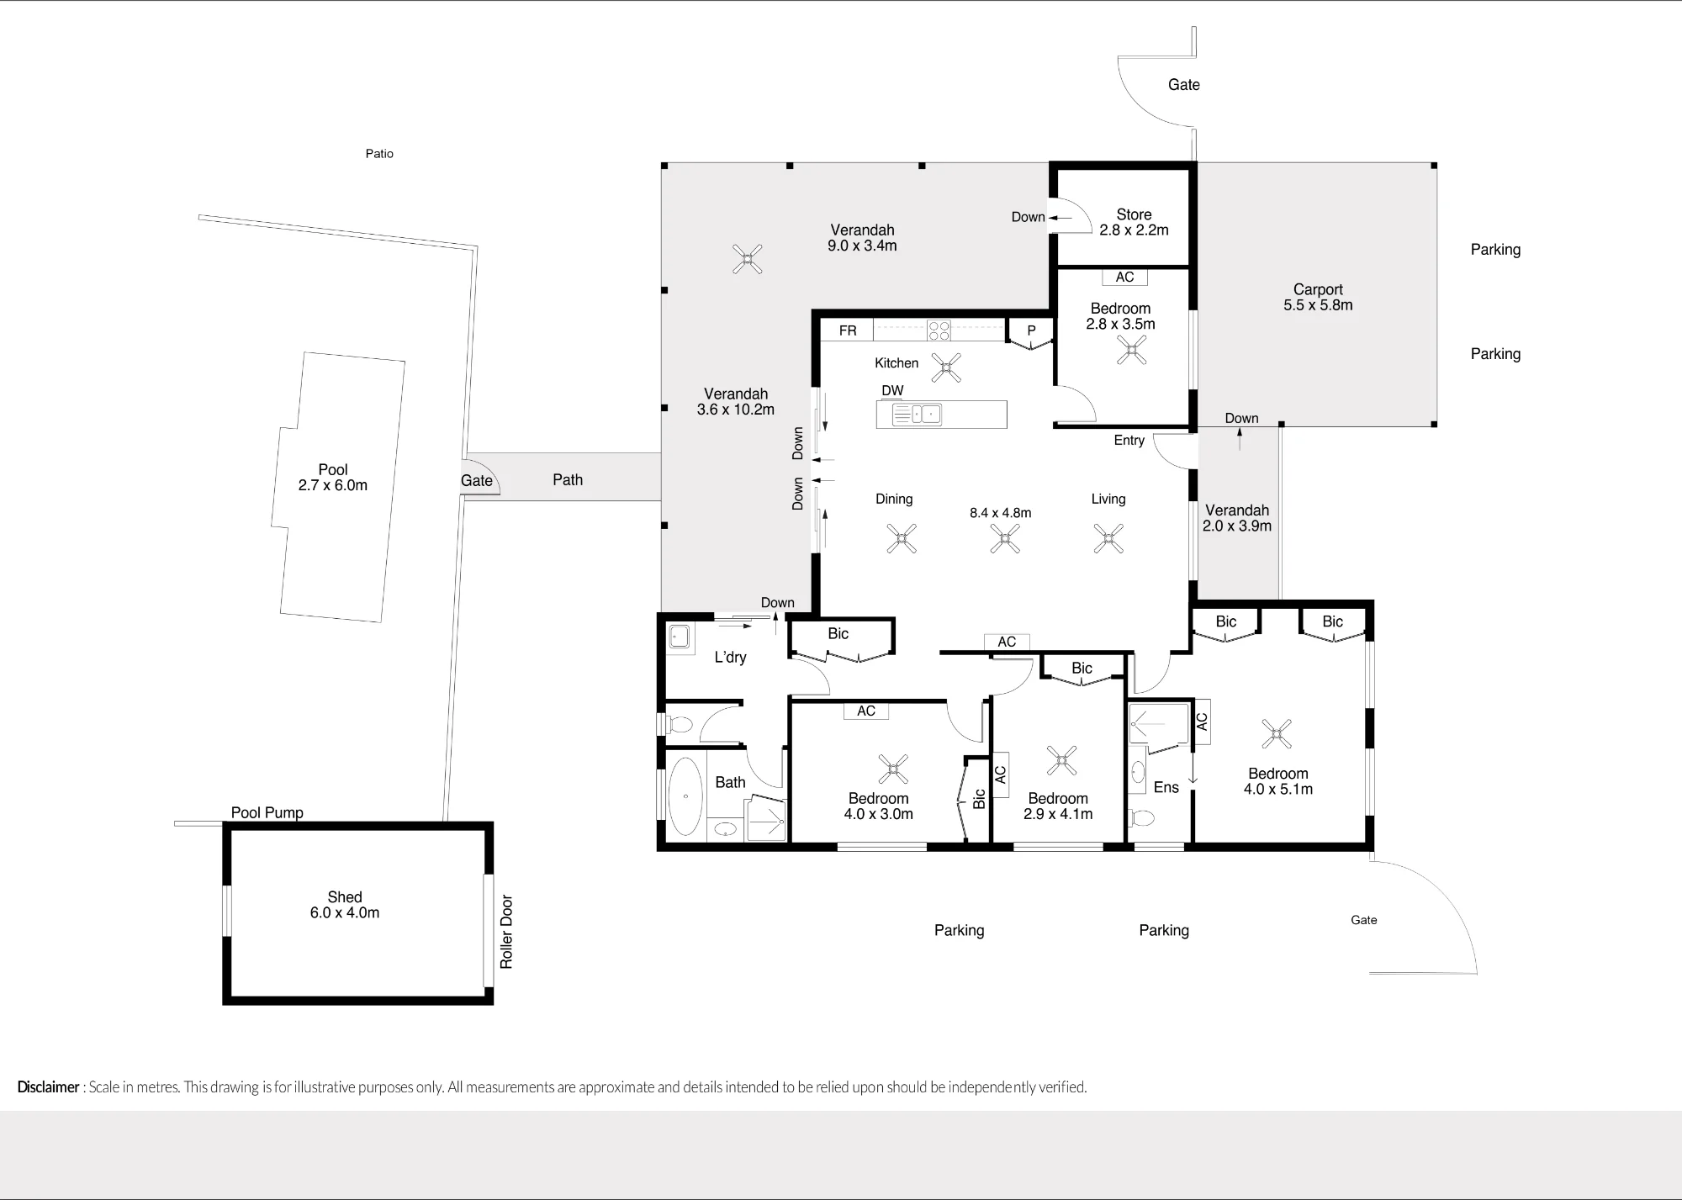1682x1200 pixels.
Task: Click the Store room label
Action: (1134, 222)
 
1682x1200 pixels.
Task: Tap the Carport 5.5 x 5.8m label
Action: (1318, 297)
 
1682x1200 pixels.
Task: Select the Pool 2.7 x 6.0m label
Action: (333, 477)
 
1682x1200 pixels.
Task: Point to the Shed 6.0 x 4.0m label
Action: (345, 905)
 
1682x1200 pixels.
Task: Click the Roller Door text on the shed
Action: (506, 932)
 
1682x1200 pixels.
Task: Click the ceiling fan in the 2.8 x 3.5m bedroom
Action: (1131, 350)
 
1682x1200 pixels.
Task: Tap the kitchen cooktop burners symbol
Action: (939, 330)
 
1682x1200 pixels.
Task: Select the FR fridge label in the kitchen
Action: (848, 330)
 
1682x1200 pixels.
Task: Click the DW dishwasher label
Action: (892, 390)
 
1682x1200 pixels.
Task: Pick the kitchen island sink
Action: (917, 414)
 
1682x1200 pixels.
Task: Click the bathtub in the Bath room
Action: (685, 796)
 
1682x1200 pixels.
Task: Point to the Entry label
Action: (1129, 440)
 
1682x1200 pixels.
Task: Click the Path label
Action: (568, 479)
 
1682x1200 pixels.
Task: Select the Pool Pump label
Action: (267, 812)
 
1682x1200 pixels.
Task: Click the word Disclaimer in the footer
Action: (48, 1086)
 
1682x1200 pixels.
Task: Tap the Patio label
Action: (379, 153)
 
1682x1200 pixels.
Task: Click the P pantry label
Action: (1031, 330)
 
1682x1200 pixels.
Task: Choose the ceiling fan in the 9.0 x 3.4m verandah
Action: (747, 259)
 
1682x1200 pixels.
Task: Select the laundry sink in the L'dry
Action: (680, 637)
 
